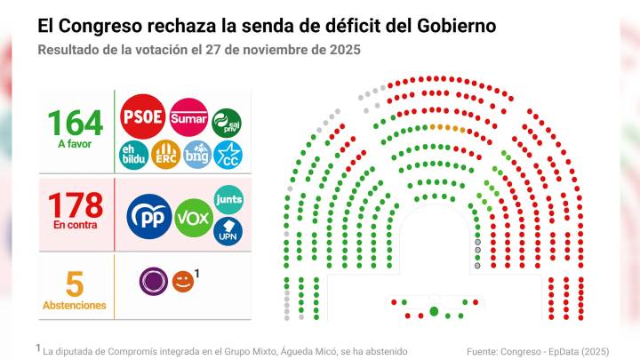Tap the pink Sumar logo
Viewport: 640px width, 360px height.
click(x=188, y=116)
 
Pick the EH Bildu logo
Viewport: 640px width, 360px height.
click(x=133, y=155)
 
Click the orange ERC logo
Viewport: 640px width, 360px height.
click(x=165, y=155)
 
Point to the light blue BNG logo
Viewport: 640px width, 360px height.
click(x=196, y=155)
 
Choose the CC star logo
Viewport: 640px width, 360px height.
click(x=228, y=156)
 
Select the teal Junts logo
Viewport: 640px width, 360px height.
click(x=228, y=198)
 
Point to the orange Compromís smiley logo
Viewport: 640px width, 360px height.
click(x=182, y=282)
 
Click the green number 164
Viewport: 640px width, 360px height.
click(x=75, y=122)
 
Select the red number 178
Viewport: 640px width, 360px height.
click(x=75, y=205)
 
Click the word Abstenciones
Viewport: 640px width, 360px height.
click(x=75, y=306)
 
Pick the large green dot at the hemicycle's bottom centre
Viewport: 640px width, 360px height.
click(x=434, y=311)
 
